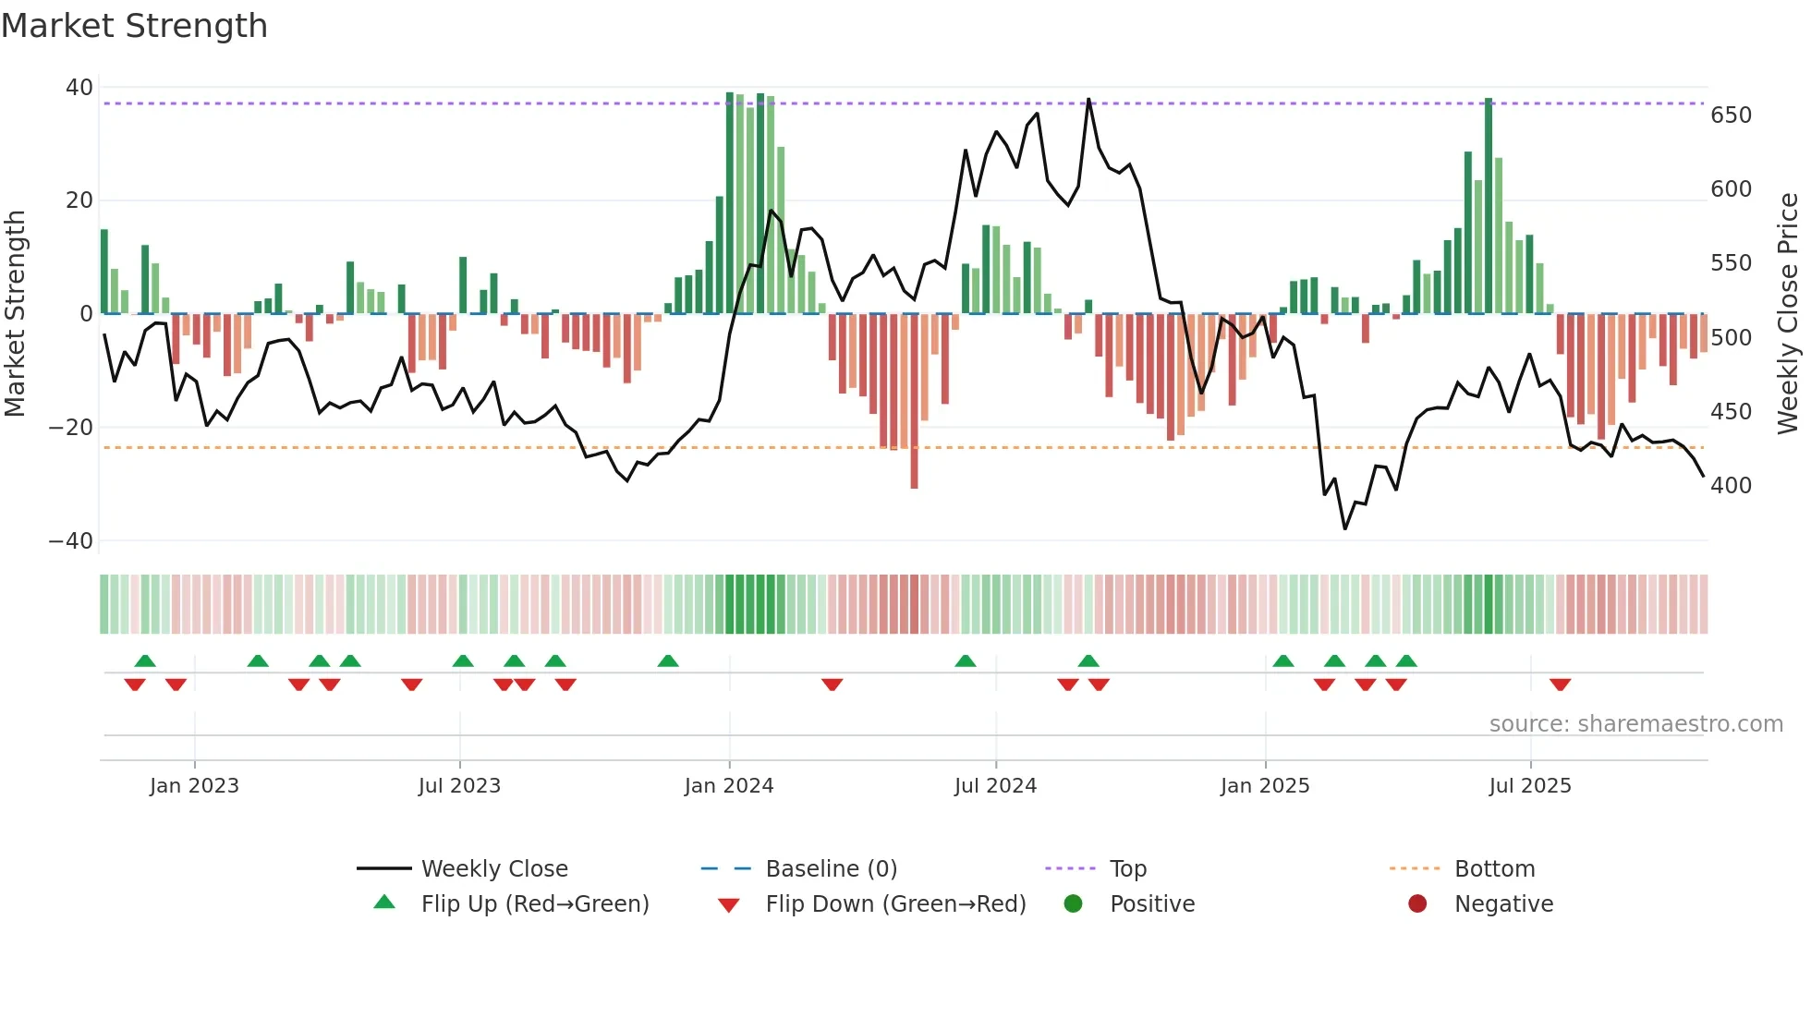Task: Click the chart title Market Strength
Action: pyautogui.click(x=134, y=26)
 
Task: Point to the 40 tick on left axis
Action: pyautogui.click(x=79, y=88)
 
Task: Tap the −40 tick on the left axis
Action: pyautogui.click(x=71, y=541)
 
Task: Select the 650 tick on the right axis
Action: pyautogui.click(x=1731, y=115)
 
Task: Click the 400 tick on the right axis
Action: pyautogui.click(x=1731, y=486)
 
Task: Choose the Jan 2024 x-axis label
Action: pyautogui.click(x=729, y=786)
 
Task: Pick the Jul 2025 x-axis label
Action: pyautogui.click(x=1530, y=786)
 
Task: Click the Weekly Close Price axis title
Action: pyautogui.click(x=1788, y=314)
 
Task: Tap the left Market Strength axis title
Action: pyautogui.click(x=15, y=314)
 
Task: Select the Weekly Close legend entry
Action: pyautogui.click(x=494, y=869)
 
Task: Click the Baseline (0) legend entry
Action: pyautogui.click(x=831, y=869)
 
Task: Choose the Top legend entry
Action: pyautogui.click(x=1127, y=869)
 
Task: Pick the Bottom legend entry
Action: pyautogui.click(x=1494, y=869)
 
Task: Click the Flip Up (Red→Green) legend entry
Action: pyautogui.click(x=535, y=904)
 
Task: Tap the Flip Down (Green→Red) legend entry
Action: pyautogui.click(x=895, y=904)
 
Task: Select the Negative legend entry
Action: pyautogui.click(x=1503, y=904)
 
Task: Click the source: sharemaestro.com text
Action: pyautogui.click(x=1635, y=724)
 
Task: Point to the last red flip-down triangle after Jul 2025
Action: pyautogui.click(x=1560, y=685)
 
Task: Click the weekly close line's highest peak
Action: pyautogui.click(x=1088, y=100)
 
